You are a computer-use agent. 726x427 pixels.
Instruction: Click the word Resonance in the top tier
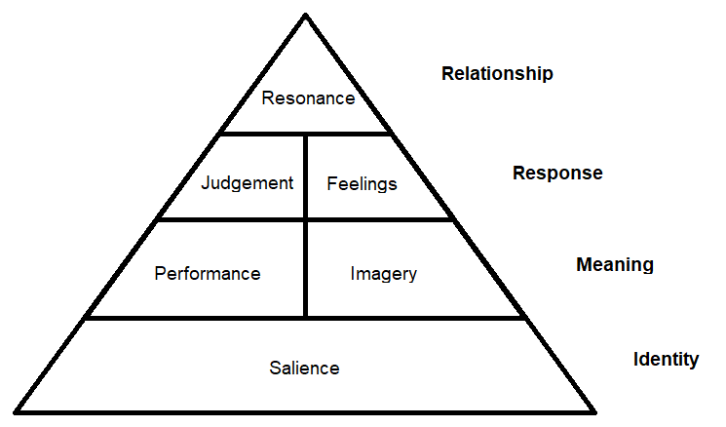point(308,98)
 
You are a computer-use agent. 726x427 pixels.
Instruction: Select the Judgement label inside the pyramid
point(248,183)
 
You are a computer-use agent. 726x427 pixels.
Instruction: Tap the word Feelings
point(362,183)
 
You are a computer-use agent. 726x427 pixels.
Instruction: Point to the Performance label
point(208,274)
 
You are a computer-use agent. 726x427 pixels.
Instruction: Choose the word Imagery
point(383,274)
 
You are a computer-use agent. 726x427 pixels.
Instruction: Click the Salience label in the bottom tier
point(304,368)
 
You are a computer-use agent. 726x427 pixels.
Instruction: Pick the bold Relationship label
point(497,74)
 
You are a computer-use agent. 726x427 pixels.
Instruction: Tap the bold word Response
point(557,174)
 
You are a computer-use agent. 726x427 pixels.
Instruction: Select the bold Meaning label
point(614,265)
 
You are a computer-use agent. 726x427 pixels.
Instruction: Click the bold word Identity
point(666,360)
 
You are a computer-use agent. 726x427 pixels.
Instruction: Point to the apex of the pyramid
point(306,16)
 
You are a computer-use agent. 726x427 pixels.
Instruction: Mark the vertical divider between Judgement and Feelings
point(306,176)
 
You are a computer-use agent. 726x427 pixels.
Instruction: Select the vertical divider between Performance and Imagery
point(306,269)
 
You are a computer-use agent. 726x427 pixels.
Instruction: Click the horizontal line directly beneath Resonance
point(306,134)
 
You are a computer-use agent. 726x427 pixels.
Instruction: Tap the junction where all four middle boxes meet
point(306,219)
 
